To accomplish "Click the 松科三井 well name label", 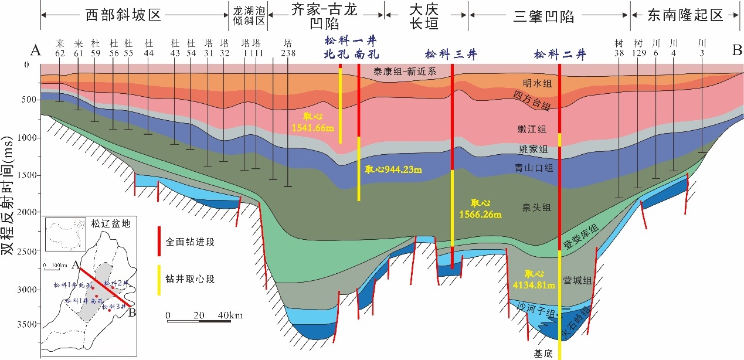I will coord(450,55).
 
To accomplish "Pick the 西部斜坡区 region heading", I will coord(123,15).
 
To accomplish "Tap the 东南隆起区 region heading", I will coord(685,16).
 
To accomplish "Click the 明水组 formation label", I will coord(536,83).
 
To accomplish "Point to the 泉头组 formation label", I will coord(536,207).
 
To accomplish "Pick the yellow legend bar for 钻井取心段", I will coord(159,279).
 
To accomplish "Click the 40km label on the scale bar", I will coord(229,316).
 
